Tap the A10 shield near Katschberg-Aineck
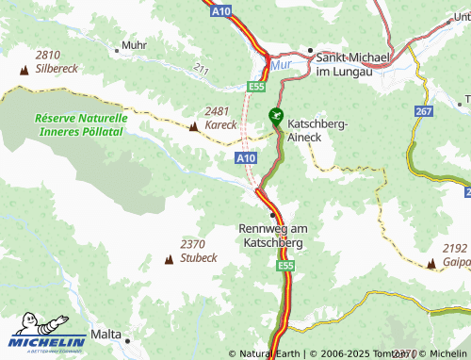pyautogui.click(x=246, y=159)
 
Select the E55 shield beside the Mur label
pyautogui.click(x=255, y=86)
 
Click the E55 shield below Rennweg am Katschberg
pyautogui.click(x=285, y=268)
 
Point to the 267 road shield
pyautogui.click(x=423, y=111)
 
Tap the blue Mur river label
pyautogui.click(x=282, y=66)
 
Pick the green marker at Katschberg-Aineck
pyautogui.click(x=275, y=116)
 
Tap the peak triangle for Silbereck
pyautogui.click(x=24, y=70)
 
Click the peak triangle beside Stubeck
pyautogui.click(x=170, y=257)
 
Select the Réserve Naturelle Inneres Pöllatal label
pyautogui.click(x=80, y=125)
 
